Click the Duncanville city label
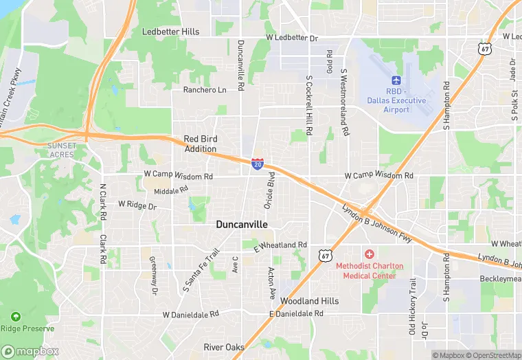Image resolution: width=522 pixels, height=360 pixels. pyautogui.click(x=242, y=224)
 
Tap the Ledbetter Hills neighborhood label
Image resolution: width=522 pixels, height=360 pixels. pyautogui.click(x=170, y=32)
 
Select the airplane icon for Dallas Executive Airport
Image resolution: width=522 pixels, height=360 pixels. pyautogui.click(x=396, y=81)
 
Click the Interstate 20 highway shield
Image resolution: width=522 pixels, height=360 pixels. pyautogui.click(x=257, y=164)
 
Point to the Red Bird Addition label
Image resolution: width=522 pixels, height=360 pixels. pyautogui.click(x=201, y=144)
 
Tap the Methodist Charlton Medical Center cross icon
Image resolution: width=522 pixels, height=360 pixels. pyautogui.click(x=370, y=255)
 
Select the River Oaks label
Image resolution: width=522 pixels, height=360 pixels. pyautogui.click(x=224, y=347)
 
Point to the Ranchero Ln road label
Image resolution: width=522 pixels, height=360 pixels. pyautogui.click(x=204, y=90)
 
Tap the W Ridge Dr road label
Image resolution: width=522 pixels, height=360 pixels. pyautogui.click(x=137, y=205)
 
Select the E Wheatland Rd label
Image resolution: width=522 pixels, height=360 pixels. pyautogui.click(x=280, y=245)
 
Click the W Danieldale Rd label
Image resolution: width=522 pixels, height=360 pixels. pyautogui.click(x=190, y=314)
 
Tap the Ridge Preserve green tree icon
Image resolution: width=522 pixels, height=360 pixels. pyautogui.click(x=15, y=317)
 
